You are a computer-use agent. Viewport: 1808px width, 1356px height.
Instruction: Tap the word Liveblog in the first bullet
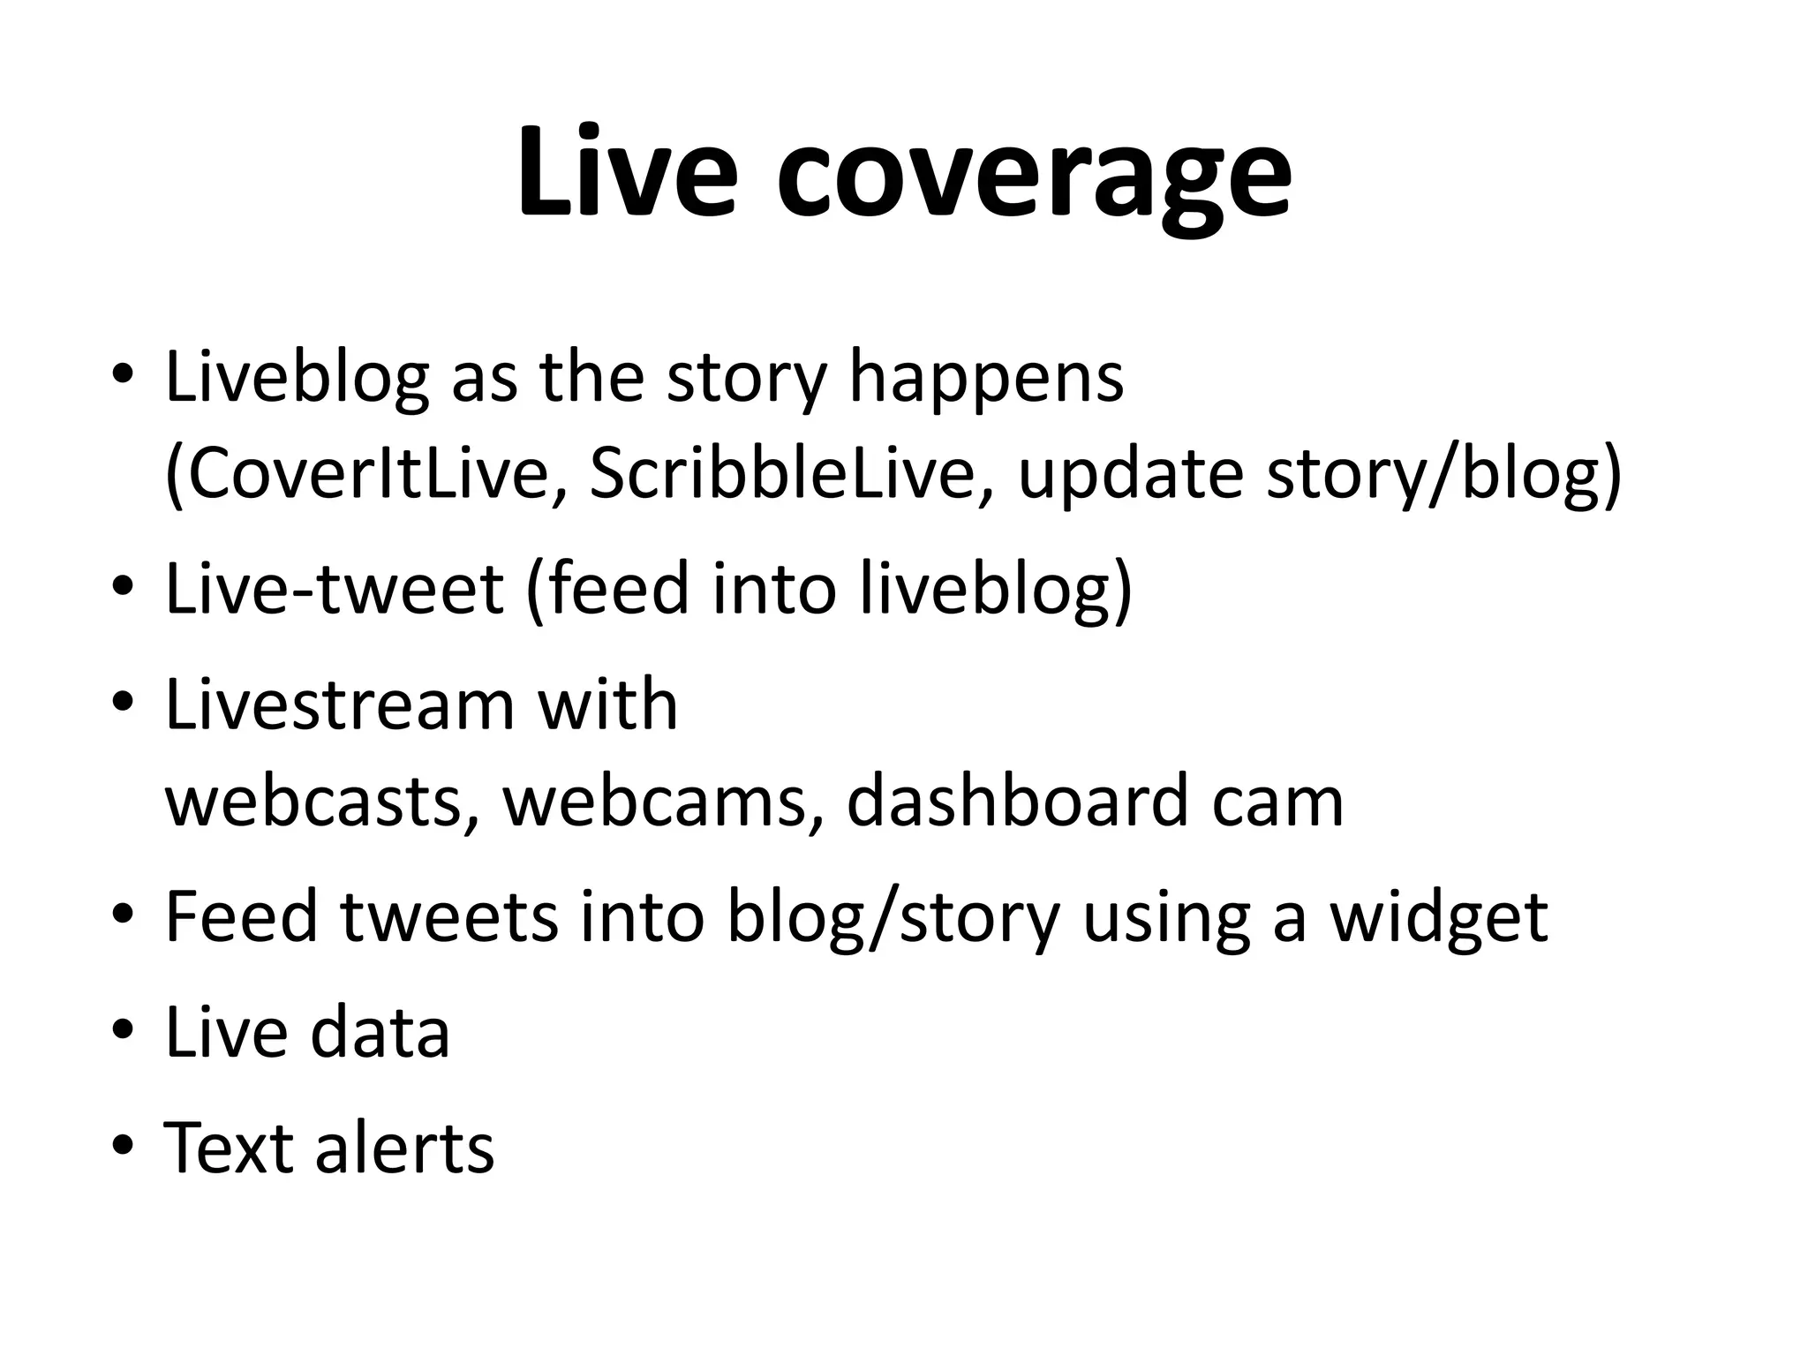[x=297, y=379]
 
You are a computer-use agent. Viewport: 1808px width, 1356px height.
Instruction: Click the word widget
[x=1440, y=916]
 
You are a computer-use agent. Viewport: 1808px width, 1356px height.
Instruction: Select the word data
[x=380, y=1032]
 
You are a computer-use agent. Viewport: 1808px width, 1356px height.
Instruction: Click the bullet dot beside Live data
[x=124, y=1030]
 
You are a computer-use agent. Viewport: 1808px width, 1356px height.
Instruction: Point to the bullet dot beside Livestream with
[x=124, y=704]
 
